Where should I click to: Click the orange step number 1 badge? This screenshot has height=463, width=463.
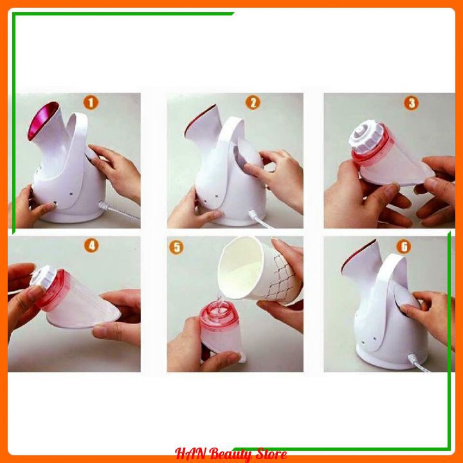click(x=91, y=103)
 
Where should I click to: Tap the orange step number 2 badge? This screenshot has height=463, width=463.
click(x=253, y=103)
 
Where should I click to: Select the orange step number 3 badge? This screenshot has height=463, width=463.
click(x=412, y=103)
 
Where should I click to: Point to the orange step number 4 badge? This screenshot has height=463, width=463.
click(x=91, y=246)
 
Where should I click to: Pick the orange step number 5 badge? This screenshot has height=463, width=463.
click(x=176, y=247)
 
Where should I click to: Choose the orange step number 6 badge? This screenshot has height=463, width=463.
click(x=404, y=246)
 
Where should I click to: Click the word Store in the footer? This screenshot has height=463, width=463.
click(x=271, y=453)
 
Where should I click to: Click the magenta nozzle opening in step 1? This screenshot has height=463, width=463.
click(x=43, y=121)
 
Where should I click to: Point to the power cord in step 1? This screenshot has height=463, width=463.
click(x=119, y=210)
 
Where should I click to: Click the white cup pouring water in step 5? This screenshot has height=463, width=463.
click(x=259, y=270)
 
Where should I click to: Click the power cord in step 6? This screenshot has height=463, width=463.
click(x=419, y=363)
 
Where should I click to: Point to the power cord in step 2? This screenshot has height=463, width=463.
click(x=260, y=219)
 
